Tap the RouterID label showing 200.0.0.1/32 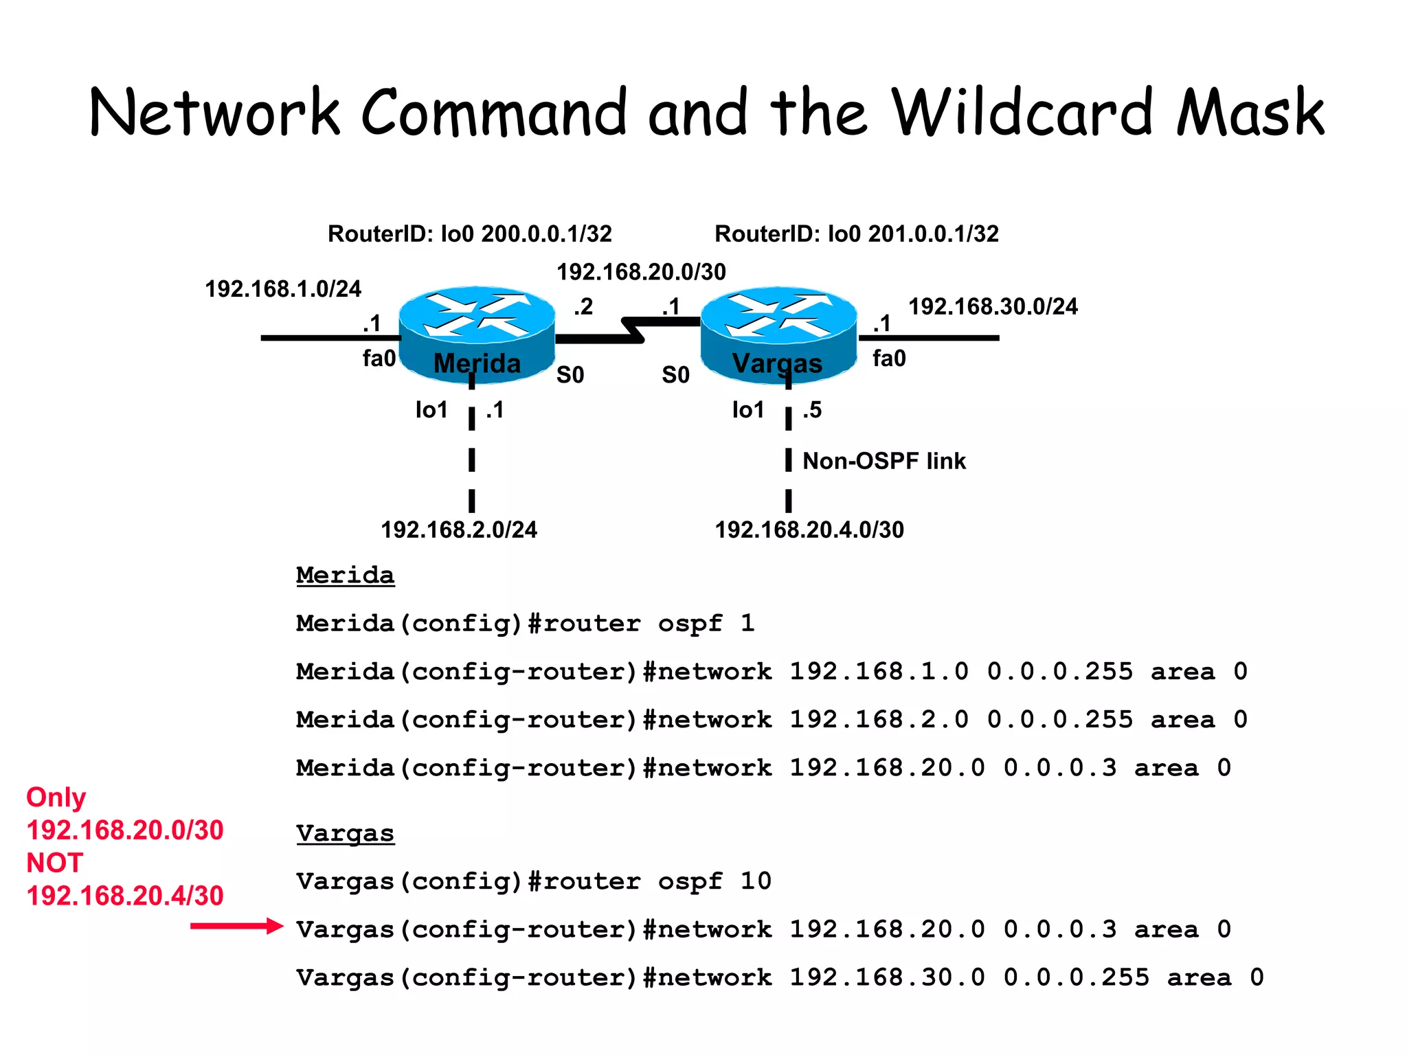[469, 234]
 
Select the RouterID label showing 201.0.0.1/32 [856, 234]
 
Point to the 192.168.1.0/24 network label [283, 289]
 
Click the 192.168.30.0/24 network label [993, 306]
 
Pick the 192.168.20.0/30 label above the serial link [641, 272]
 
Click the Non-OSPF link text [883, 461]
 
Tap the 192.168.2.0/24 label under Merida [459, 530]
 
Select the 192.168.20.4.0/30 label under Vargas [809, 530]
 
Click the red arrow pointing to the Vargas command [236, 927]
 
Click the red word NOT [55, 863]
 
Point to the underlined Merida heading [345, 575]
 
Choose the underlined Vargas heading [345, 833]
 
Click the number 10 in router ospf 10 [756, 881]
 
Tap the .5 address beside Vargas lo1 [812, 410]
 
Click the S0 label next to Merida [570, 375]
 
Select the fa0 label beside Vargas [889, 359]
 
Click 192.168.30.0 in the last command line [886, 977]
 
